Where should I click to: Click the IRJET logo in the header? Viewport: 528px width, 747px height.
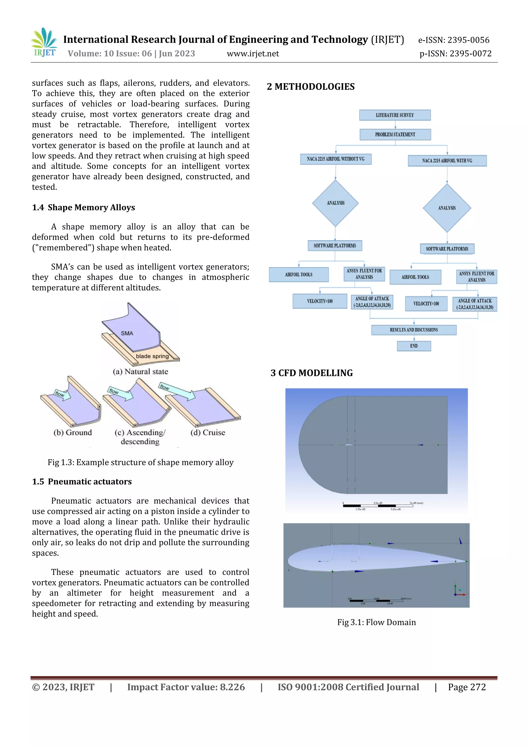click(x=44, y=42)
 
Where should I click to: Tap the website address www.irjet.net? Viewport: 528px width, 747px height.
click(x=253, y=54)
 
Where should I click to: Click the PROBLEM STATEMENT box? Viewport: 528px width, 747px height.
click(x=395, y=134)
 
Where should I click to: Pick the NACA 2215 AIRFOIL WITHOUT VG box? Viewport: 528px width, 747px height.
click(x=335, y=159)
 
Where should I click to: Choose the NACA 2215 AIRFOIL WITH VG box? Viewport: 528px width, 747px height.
click(x=447, y=161)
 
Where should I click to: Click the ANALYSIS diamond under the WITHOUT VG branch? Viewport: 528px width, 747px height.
click(x=335, y=203)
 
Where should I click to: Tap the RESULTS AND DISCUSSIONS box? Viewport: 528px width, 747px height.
click(x=414, y=330)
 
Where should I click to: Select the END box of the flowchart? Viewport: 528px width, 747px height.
click(x=414, y=346)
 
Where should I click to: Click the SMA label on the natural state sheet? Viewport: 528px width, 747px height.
click(x=127, y=333)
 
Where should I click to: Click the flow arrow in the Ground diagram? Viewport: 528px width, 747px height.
click(x=62, y=394)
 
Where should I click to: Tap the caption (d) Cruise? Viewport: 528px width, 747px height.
click(x=208, y=432)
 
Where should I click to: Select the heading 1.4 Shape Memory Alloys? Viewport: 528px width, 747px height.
click(x=83, y=208)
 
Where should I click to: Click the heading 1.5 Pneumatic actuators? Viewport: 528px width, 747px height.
click(x=82, y=481)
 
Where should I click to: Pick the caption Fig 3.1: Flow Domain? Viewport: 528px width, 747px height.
click(x=376, y=622)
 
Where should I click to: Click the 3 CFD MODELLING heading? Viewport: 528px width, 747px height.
click(x=311, y=373)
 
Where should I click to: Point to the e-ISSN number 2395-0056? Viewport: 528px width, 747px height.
click(x=468, y=40)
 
